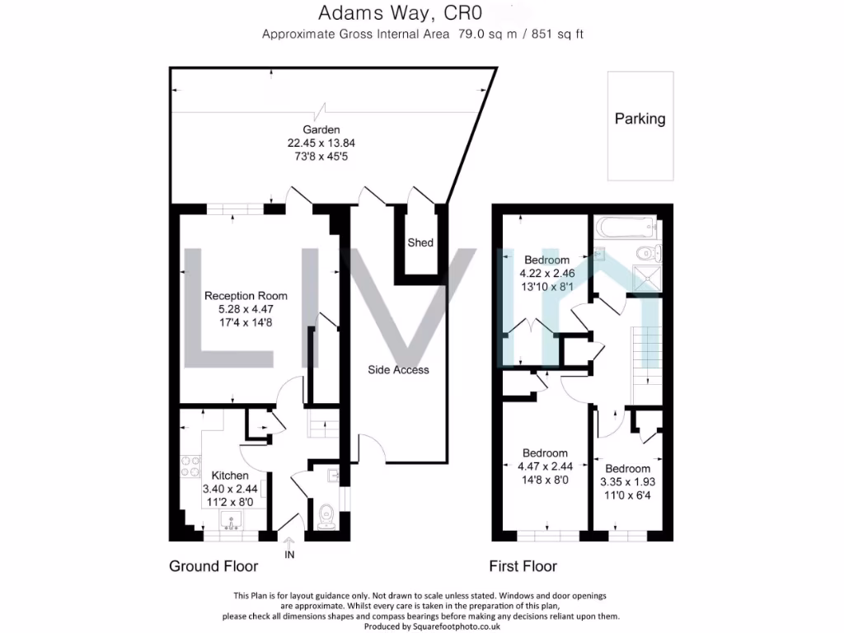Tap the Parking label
point(640,119)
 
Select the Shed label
point(420,243)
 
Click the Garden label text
point(317,129)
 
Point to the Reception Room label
point(246,296)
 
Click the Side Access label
point(398,370)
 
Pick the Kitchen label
point(230,476)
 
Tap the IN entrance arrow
point(289,546)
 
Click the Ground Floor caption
point(213,566)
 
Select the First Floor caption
point(523,566)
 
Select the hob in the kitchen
point(189,468)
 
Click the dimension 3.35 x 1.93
point(627,481)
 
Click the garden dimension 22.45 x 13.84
point(316,143)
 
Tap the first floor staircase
point(645,354)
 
